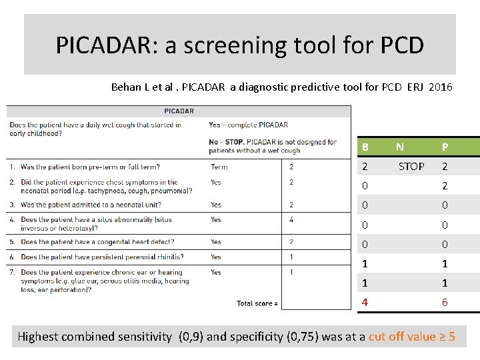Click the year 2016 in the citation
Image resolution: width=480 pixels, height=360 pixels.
click(440, 87)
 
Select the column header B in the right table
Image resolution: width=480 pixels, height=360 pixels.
click(365, 147)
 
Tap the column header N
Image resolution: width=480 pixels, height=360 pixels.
click(399, 147)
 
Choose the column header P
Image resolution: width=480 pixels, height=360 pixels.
click(445, 147)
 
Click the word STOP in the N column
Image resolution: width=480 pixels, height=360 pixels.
click(411, 167)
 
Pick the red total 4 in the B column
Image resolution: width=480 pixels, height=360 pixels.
click(365, 302)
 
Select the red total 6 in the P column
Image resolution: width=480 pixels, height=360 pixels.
click(445, 302)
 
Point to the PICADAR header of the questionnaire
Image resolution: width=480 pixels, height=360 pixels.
click(179, 111)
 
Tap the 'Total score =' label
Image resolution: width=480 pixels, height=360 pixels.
click(257, 304)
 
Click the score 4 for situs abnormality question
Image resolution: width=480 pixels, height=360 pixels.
click(291, 219)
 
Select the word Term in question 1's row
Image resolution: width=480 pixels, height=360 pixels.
click(219, 167)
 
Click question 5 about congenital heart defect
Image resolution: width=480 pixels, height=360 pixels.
click(97, 242)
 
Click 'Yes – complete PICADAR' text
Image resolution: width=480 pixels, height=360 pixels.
click(248, 125)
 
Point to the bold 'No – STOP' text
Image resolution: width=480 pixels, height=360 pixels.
click(225, 142)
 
